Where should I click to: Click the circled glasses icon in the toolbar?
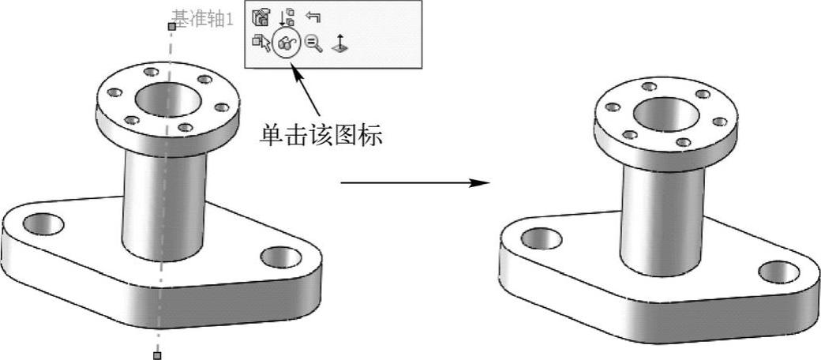tap(284, 46)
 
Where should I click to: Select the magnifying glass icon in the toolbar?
tap(313, 45)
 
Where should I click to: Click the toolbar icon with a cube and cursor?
tap(261, 44)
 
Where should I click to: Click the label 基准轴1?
tap(202, 20)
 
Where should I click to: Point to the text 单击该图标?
tap(321, 136)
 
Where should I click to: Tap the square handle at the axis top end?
tap(171, 26)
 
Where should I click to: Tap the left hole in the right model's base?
tap(542, 237)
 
